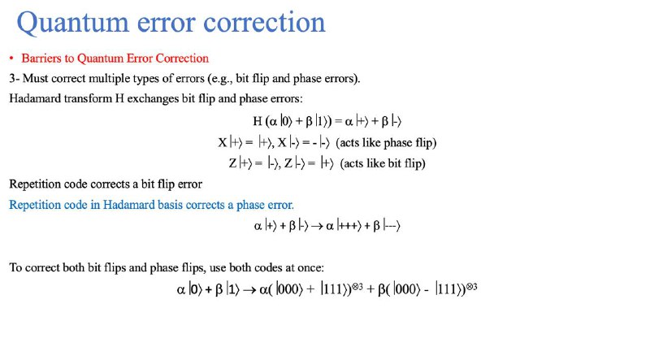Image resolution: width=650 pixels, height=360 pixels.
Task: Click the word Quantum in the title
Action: [x=72, y=23]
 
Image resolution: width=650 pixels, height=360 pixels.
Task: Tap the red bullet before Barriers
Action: [x=11, y=59]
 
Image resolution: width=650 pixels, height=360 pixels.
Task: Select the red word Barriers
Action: [x=41, y=58]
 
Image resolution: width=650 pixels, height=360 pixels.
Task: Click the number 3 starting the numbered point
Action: [x=12, y=78]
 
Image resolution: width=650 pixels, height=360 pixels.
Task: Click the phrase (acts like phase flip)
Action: [x=386, y=143]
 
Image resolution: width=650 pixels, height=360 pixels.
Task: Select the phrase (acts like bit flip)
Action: [x=383, y=163]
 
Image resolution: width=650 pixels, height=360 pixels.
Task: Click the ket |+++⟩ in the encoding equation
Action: [x=349, y=226]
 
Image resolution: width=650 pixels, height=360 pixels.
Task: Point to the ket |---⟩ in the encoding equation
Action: [x=392, y=226]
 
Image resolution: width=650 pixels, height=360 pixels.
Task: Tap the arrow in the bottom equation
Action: [x=249, y=289]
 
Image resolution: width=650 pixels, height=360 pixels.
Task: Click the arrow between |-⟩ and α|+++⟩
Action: [x=317, y=226]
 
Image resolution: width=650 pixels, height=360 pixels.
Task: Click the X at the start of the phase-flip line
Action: [x=223, y=143]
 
